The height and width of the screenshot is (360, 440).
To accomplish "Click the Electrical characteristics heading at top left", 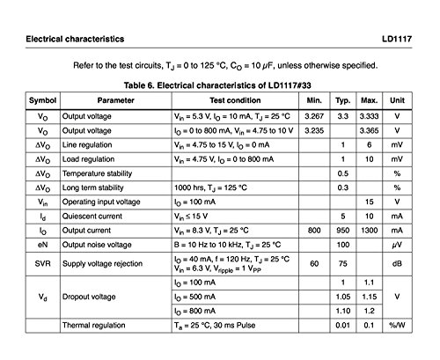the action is coord(75,40).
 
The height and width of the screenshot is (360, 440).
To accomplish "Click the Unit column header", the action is coord(397,101).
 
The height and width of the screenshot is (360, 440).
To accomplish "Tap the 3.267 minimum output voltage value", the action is coord(313,116).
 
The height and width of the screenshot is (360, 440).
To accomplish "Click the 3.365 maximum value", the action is coord(370,130).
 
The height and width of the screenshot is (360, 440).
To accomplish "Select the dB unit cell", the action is coord(397,262).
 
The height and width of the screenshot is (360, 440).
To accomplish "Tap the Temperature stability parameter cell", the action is coord(100,173).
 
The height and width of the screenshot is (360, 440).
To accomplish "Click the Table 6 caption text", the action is coord(220,85).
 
